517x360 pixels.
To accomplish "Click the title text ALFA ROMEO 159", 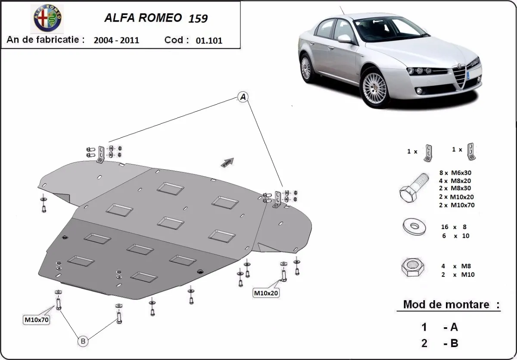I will click(x=156, y=18).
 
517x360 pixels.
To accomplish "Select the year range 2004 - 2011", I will click(x=116, y=40).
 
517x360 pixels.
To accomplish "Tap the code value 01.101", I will click(x=209, y=41).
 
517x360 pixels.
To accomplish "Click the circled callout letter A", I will click(x=243, y=98).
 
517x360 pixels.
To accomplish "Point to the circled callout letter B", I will click(x=83, y=341).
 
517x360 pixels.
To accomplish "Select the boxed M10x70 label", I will click(x=36, y=320).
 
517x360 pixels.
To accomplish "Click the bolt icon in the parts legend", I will click(x=413, y=190).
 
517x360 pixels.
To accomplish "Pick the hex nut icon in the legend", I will click(x=412, y=268).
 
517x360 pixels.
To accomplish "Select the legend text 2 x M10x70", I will click(x=457, y=205).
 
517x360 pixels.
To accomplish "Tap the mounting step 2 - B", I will click(x=439, y=343).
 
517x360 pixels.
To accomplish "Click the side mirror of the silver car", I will click(x=345, y=39).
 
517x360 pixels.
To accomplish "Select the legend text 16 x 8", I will click(x=454, y=227).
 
